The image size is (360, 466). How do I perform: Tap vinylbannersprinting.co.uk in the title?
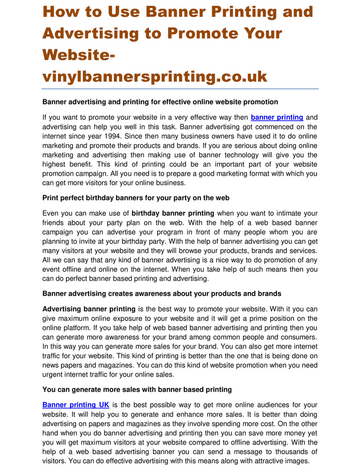155,76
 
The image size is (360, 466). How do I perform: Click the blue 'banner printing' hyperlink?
277,117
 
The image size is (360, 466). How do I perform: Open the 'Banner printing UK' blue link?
76,405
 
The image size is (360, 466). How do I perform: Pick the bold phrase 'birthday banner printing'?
173,213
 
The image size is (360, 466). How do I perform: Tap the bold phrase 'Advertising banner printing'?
89,309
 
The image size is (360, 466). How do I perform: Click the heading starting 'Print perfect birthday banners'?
136,198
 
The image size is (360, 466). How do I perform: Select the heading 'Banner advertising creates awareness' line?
162,293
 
